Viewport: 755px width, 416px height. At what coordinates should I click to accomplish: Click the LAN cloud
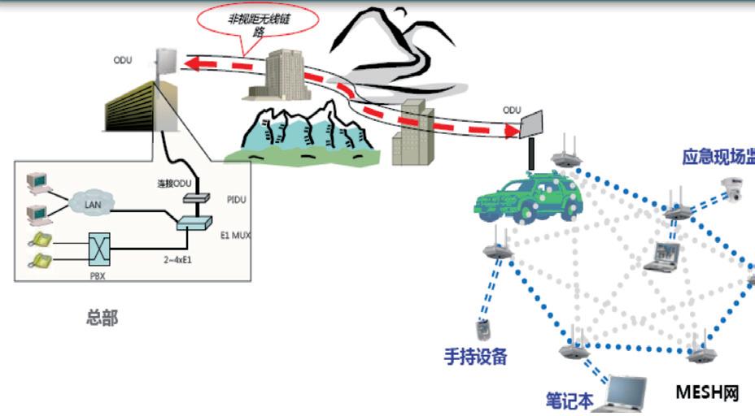[x=93, y=202]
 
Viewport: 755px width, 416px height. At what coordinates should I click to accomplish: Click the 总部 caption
[x=102, y=318]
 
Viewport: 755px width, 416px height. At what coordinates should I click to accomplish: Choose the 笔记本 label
[x=570, y=401]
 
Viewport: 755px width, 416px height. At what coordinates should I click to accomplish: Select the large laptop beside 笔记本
[x=622, y=394]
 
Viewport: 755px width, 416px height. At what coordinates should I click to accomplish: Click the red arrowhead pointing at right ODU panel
[x=510, y=129]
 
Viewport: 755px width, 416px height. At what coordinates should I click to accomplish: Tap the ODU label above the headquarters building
[x=122, y=60]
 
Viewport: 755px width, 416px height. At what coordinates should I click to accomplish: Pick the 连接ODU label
[x=173, y=183]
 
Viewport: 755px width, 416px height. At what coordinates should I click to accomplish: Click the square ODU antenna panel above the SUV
[x=534, y=124]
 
